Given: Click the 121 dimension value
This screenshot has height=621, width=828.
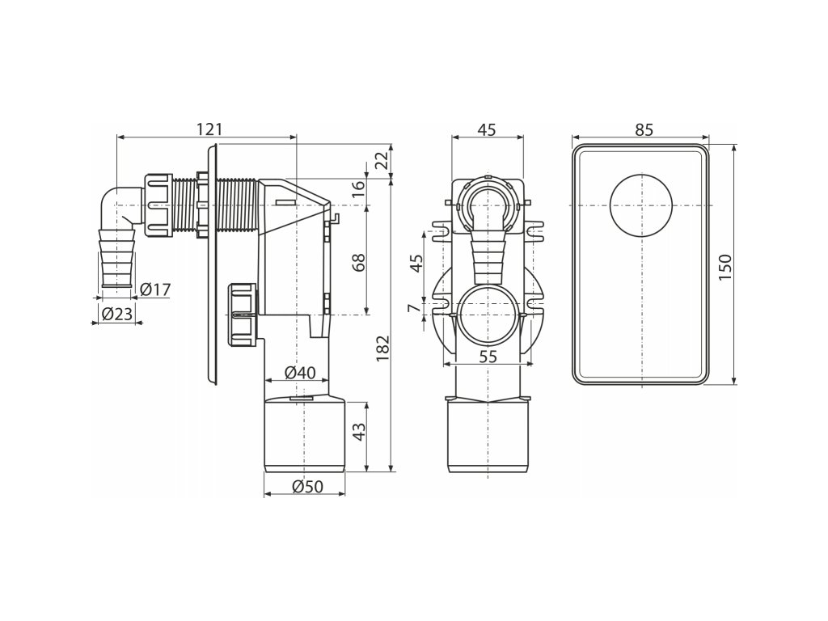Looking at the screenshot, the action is tap(209, 129).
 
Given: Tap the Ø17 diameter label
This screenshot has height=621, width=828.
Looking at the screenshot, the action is tap(155, 289).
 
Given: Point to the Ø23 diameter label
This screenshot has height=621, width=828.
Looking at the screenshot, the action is tap(116, 315).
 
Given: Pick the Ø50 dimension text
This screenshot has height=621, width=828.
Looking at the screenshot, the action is tap(306, 486).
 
